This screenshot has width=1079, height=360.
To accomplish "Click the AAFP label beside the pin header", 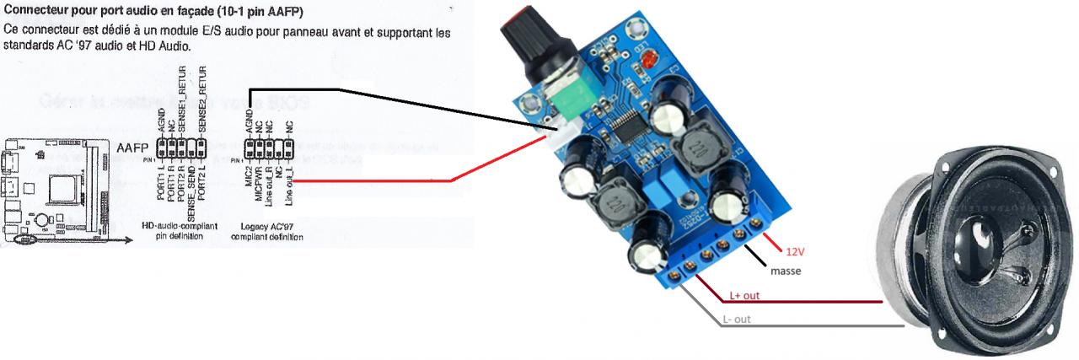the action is (x=132, y=146).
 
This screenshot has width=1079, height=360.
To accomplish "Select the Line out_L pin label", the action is (x=289, y=185).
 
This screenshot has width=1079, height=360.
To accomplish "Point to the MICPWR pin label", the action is (x=259, y=184).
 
